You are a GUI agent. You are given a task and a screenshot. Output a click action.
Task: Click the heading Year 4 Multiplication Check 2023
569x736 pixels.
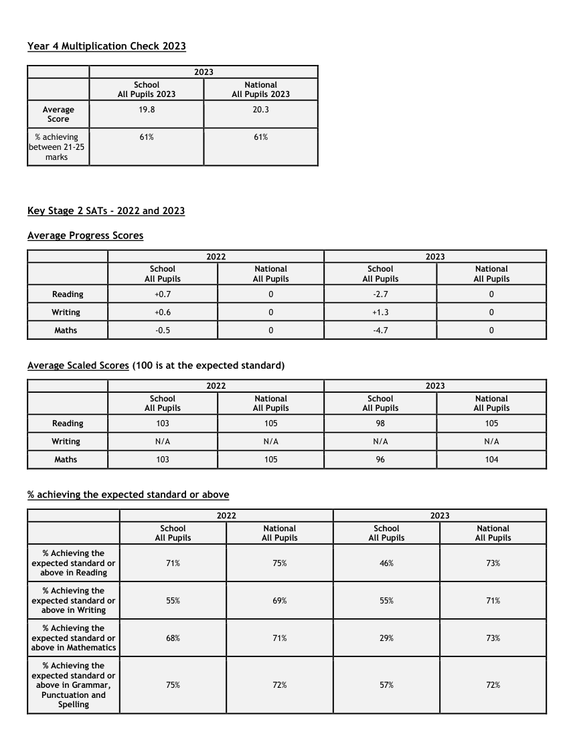point(106,46)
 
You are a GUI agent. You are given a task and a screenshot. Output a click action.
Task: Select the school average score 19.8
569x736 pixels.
point(147,110)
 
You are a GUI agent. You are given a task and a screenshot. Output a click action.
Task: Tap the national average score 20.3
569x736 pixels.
point(261,110)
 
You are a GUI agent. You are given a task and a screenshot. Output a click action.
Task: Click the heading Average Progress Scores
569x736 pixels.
point(85,236)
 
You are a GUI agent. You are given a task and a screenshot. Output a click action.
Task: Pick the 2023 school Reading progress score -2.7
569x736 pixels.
point(380,294)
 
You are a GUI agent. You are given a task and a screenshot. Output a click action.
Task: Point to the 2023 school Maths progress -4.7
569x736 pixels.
point(380,331)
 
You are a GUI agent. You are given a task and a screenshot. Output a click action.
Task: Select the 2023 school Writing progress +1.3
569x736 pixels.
point(380,312)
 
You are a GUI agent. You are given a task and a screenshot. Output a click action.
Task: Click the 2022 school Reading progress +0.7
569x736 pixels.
point(163,294)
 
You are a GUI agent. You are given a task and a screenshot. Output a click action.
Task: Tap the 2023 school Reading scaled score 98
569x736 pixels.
point(380,424)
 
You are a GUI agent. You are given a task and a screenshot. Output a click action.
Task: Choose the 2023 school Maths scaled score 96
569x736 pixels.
point(380,460)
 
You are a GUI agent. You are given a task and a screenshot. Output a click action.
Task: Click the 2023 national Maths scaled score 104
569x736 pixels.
point(491,460)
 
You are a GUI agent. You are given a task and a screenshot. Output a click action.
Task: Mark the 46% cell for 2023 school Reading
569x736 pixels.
point(386,563)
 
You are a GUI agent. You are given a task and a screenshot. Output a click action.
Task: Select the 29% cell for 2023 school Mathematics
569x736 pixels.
point(386,638)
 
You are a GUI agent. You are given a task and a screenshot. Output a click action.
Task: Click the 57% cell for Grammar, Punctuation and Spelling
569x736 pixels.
point(386,685)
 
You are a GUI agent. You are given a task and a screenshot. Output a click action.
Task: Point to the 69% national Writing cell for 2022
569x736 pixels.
point(280,601)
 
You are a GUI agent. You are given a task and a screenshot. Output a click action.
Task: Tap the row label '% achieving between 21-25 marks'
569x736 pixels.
point(57,147)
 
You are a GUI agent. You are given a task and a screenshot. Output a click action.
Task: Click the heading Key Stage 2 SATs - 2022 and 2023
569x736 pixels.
point(106,211)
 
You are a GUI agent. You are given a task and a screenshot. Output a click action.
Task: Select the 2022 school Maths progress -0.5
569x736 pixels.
point(163,331)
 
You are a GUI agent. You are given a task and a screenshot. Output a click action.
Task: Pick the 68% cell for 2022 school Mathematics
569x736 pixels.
point(173,638)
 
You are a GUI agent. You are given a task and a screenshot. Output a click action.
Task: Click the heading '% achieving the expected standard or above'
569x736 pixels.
point(128,494)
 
